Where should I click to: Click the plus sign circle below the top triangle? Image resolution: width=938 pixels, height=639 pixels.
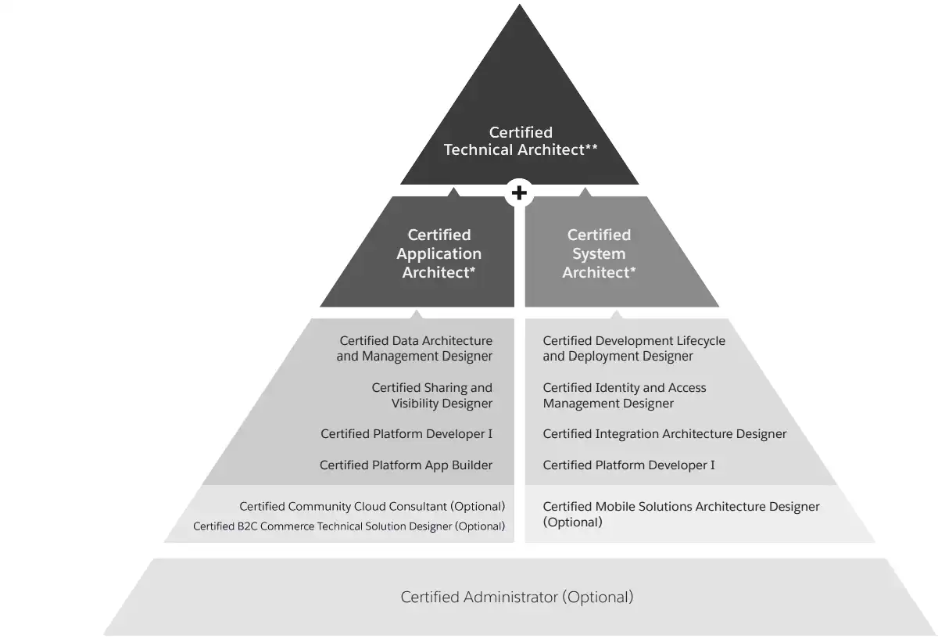pos(519,192)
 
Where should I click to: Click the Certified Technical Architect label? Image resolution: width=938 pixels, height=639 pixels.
pos(521,142)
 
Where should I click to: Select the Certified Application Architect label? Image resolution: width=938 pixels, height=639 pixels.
pos(439,253)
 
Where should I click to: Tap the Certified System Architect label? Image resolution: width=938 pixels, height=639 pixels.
pos(599,253)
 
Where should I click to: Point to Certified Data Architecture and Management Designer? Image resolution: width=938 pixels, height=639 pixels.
pos(415,349)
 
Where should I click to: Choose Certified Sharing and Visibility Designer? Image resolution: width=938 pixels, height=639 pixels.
pos(432,396)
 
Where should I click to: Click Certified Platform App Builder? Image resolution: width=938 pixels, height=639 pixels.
pos(406,465)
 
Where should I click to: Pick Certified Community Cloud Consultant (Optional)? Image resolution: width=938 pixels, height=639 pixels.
pos(372,507)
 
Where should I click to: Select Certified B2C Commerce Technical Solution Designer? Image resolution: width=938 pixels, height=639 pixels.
pos(349,526)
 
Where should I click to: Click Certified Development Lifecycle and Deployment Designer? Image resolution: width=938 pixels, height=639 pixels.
pos(634,349)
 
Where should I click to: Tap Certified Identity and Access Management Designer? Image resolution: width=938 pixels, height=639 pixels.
pos(624,396)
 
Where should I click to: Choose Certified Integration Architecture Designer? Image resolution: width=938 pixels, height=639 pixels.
pos(664,434)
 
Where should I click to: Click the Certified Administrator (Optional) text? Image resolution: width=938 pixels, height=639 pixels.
pos(517,598)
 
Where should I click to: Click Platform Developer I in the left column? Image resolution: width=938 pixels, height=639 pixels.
pos(406,434)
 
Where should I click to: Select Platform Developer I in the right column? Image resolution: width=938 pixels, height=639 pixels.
pos(628,465)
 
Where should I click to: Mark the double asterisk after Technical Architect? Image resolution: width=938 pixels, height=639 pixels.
pos(592,147)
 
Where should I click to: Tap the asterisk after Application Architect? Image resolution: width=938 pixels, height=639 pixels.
pos(473,270)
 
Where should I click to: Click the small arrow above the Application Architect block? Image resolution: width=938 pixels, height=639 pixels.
pos(454,191)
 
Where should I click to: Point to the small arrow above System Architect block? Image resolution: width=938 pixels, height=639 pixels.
pos(585,191)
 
